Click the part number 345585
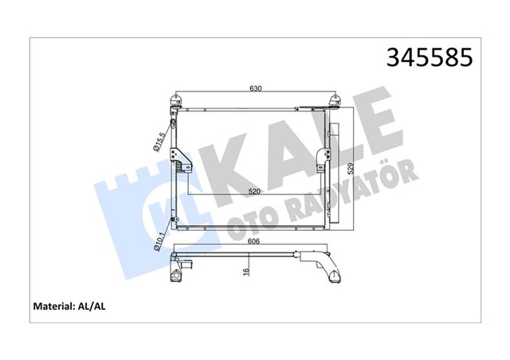(429, 57)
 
